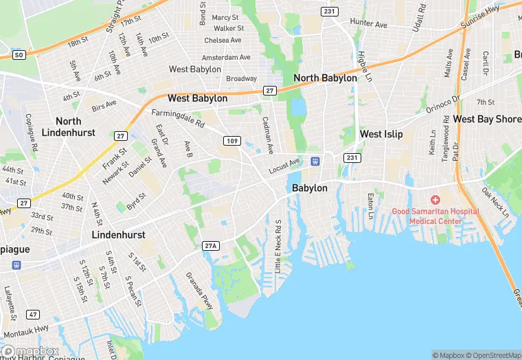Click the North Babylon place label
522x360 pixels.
coord(325,78)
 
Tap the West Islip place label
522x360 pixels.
coord(381,134)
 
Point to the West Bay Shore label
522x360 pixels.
coord(487,120)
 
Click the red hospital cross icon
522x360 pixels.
coord(435,199)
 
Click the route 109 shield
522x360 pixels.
coord(231,141)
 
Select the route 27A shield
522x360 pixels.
coord(211,245)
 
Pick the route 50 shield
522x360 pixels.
coord(19,54)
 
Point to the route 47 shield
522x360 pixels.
coord(33,314)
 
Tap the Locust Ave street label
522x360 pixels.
coord(284,165)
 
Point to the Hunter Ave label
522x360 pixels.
coord(368,23)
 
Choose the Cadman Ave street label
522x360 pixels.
coord(268,135)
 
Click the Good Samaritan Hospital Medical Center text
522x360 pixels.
coord(435,216)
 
